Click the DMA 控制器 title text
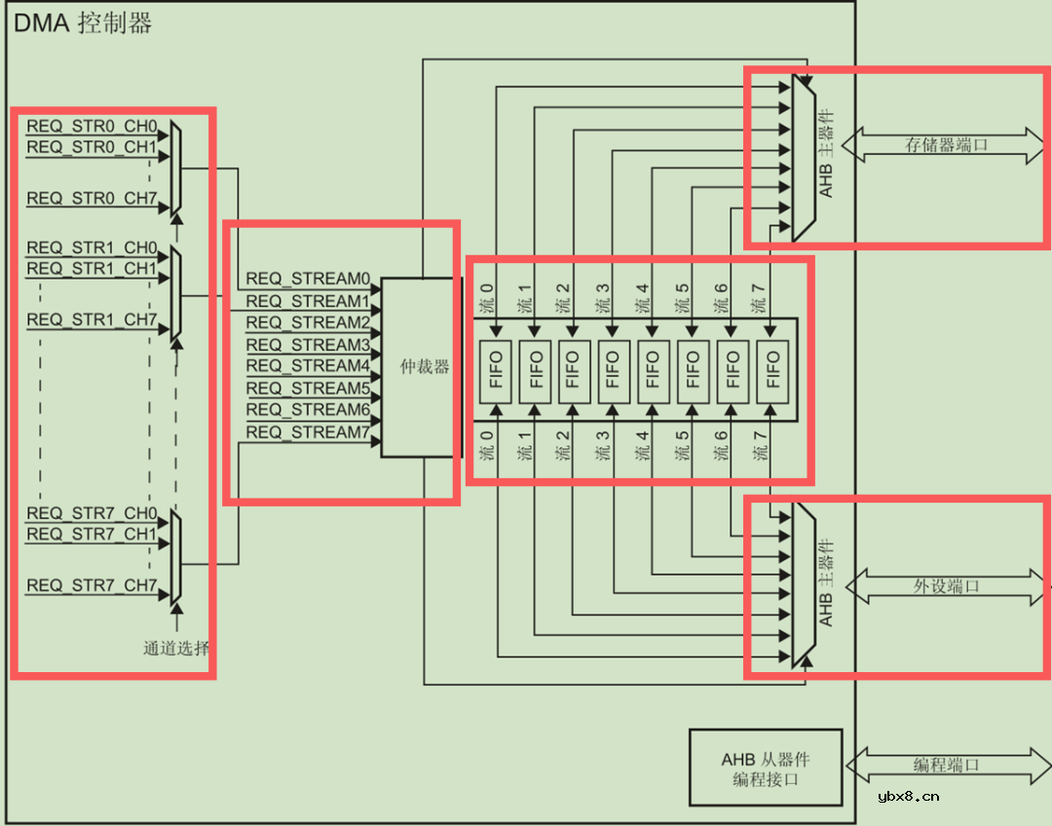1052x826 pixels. (x=83, y=23)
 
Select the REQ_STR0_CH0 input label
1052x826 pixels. (x=92, y=127)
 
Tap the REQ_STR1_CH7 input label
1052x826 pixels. (x=92, y=320)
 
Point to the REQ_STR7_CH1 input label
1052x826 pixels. (x=92, y=535)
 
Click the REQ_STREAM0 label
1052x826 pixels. (x=308, y=280)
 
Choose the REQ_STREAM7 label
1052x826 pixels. (x=308, y=432)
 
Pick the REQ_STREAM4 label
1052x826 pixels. (x=308, y=366)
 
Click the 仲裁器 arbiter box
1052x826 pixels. (x=422, y=367)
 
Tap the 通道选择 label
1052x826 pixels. (x=176, y=648)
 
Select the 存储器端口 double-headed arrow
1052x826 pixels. (x=945, y=145)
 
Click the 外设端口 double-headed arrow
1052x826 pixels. (x=945, y=586)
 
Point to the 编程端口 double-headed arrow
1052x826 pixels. (x=945, y=766)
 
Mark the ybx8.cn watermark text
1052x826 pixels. (x=908, y=796)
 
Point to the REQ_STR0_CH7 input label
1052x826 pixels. (x=92, y=199)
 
